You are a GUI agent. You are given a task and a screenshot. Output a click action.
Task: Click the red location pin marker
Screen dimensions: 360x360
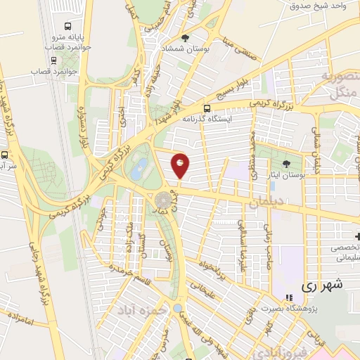click(x=181, y=165)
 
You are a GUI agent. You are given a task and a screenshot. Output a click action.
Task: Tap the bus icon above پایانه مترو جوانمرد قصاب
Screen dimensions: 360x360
click(x=65, y=20)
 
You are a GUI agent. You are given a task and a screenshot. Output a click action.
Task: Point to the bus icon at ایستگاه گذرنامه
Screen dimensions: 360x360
click(x=207, y=108)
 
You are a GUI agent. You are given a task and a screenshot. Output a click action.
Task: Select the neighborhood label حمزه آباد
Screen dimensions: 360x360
click(x=143, y=309)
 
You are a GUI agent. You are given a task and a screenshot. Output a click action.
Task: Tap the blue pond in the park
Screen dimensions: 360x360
click(x=140, y=167)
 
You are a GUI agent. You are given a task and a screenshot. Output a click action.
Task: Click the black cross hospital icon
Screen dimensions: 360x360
click(x=357, y=236)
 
